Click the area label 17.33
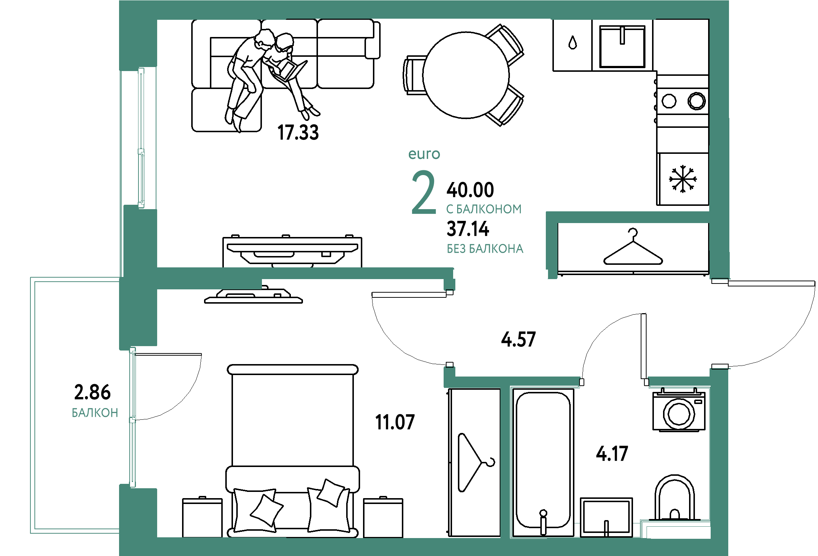coord(299,133)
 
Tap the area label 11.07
coord(395,422)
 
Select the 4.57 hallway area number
coord(518,339)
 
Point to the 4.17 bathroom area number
coord(612,454)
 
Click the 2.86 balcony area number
coord(92,392)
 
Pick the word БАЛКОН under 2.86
coord(95,413)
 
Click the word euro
coord(424,154)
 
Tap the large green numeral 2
coord(424,192)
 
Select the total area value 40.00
coord(470,190)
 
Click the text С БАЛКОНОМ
coord(484,209)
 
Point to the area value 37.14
coord(468,230)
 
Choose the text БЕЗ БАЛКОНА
coord(485,249)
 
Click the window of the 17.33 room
coord(141,137)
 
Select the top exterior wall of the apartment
coord(421,9)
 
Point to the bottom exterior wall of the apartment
coord(421,546)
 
